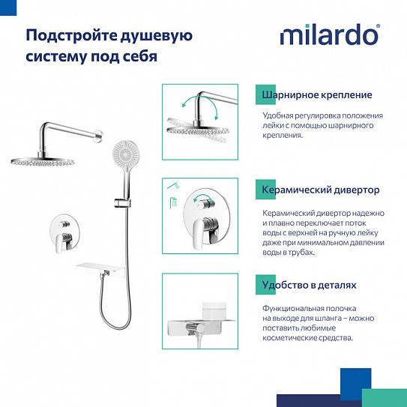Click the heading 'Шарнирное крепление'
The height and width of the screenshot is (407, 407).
[317, 95]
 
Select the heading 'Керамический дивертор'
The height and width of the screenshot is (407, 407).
[321, 190]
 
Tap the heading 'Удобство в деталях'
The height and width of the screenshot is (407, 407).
[309, 286]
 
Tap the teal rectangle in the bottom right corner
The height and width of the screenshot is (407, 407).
[384, 397]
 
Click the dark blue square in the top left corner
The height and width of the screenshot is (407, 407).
[8, 7]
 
